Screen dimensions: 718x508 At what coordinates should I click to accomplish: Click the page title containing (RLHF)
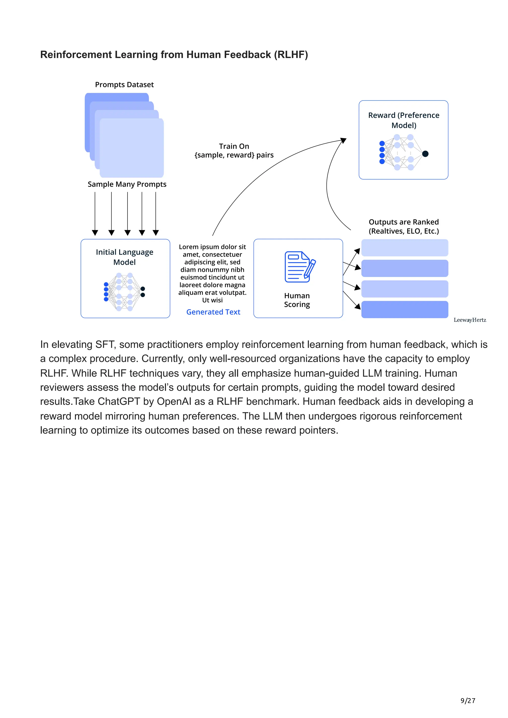174,55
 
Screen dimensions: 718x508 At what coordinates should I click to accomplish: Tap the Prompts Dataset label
124,85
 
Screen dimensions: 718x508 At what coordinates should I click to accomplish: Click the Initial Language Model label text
125,257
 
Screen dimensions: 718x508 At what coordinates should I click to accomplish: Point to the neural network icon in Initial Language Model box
124,292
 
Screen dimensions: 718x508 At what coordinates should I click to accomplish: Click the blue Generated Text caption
213,312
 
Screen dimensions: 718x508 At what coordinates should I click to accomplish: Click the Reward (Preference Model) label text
404,120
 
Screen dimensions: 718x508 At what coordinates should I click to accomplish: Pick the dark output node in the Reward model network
425,154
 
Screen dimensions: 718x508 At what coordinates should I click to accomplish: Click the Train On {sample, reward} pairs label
234,151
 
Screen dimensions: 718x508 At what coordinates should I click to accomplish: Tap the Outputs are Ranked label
404,226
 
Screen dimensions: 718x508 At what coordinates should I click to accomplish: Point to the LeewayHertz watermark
470,320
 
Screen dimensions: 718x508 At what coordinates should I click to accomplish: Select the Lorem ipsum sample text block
212,273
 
